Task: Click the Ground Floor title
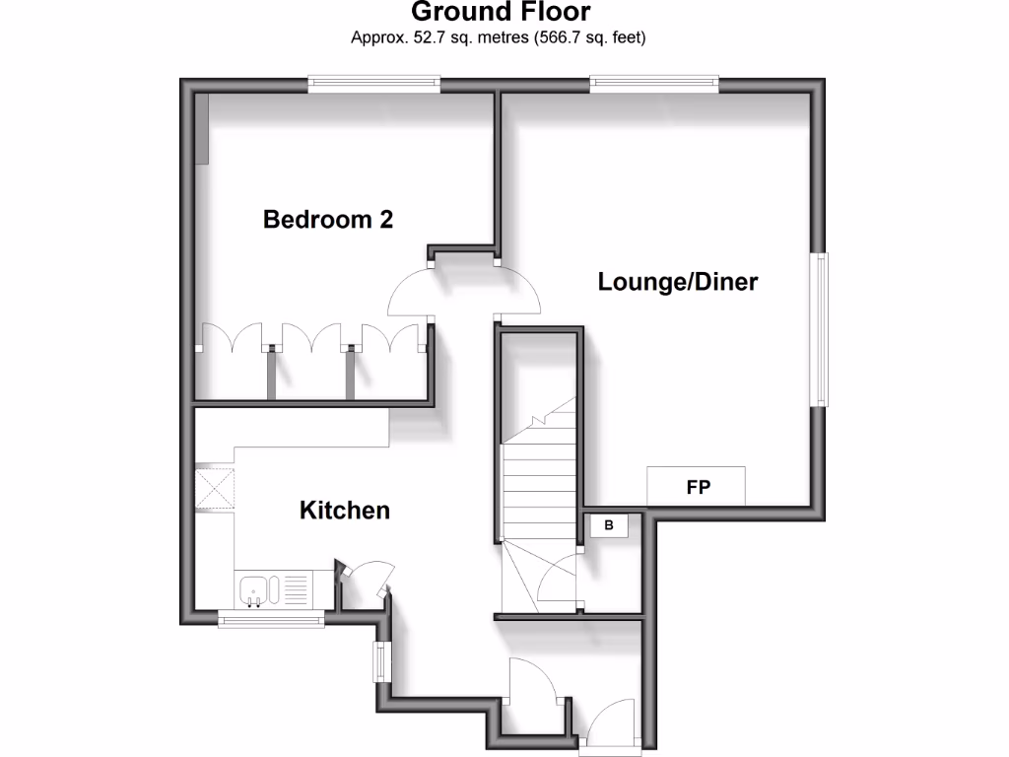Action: tap(500, 13)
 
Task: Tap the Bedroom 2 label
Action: tap(328, 219)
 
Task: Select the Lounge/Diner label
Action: tap(678, 282)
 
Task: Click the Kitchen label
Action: tap(345, 510)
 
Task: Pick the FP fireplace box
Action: tap(696, 487)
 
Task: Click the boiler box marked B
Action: tap(609, 526)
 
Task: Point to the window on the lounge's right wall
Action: tap(819, 329)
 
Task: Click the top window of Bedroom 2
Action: tap(373, 86)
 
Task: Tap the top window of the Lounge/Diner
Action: tap(654, 86)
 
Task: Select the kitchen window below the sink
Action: tap(271, 619)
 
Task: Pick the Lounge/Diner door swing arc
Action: tap(519, 293)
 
